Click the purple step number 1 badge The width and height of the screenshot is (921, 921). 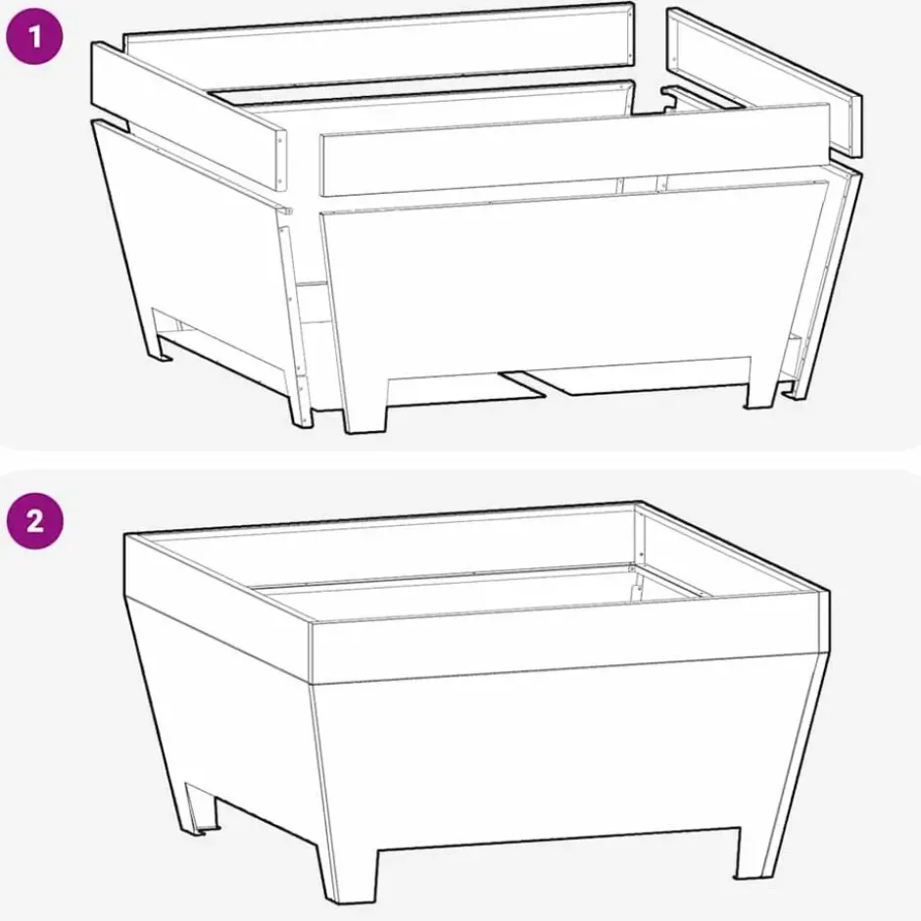click(x=34, y=36)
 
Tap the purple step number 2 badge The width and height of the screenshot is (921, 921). click(x=34, y=520)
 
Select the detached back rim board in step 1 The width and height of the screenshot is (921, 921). click(x=379, y=41)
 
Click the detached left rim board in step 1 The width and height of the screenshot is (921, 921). click(x=188, y=116)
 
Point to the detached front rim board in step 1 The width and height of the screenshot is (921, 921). click(x=574, y=149)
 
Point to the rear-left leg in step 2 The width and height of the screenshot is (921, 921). click(x=199, y=807)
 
